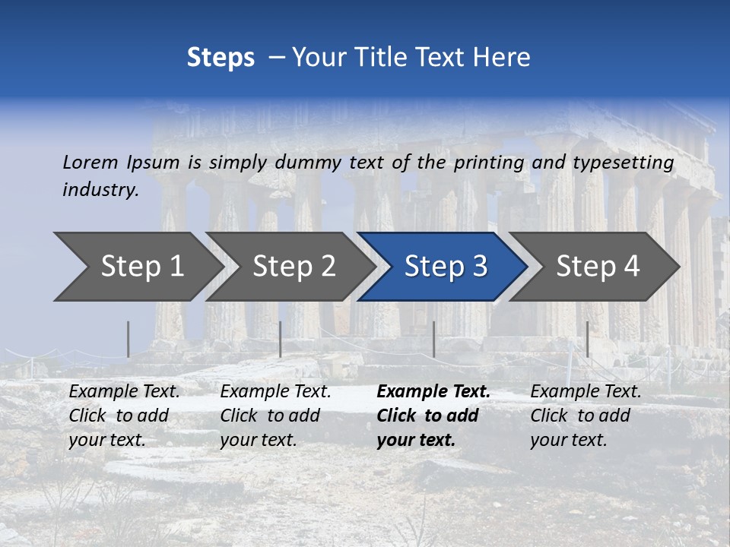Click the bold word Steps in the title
pyautogui.click(x=221, y=58)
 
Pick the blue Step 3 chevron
pyautogui.click(x=445, y=266)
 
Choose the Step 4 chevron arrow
pyautogui.click(x=597, y=266)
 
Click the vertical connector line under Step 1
pyautogui.click(x=129, y=339)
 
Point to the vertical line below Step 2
pyautogui.click(x=281, y=339)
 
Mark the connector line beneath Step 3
pyautogui.click(x=433, y=339)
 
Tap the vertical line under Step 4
pyautogui.click(x=587, y=339)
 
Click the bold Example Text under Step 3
pyautogui.click(x=433, y=392)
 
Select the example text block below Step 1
pyautogui.click(x=124, y=416)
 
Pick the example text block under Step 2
pyautogui.click(x=275, y=416)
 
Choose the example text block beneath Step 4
pyautogui.click(x=586, y=416)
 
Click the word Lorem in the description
pyautogui.click(x=90, y=162)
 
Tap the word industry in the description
pyautogui.click(x=100, y=189)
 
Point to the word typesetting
pyautogui.click(x=623, y=163)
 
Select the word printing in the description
pyautogui.click(x=489, y=163)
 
